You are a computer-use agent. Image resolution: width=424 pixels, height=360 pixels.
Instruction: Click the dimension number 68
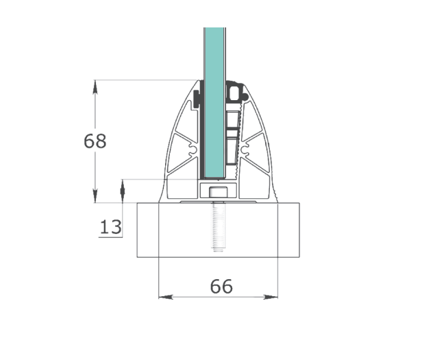pyautogui.click(x=95, y=141)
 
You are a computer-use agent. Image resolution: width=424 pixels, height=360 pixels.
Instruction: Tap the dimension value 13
pyautogui.click(x=110, y=227)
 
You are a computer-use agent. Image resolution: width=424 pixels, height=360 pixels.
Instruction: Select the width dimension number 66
pyautogui.click(x=221, y=287)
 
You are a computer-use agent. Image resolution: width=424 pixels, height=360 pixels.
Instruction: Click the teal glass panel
pyautogui.click(x=214, y=103)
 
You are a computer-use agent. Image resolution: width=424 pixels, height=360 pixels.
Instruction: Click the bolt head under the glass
pyautogui.click(x=219, y=192)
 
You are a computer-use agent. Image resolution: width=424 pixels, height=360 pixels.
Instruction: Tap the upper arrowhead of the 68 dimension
pyautogui.click(x=95, y=86)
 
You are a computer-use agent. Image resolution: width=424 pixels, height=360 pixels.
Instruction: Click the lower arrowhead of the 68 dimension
pyautogui.click(x=95, y=196)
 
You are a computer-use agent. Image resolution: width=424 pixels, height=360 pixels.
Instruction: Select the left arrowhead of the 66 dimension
pyautogui.click(x=166, y=297)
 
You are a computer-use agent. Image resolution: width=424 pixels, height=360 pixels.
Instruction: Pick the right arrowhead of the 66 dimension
pyautogui.click(x=271, y=297)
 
